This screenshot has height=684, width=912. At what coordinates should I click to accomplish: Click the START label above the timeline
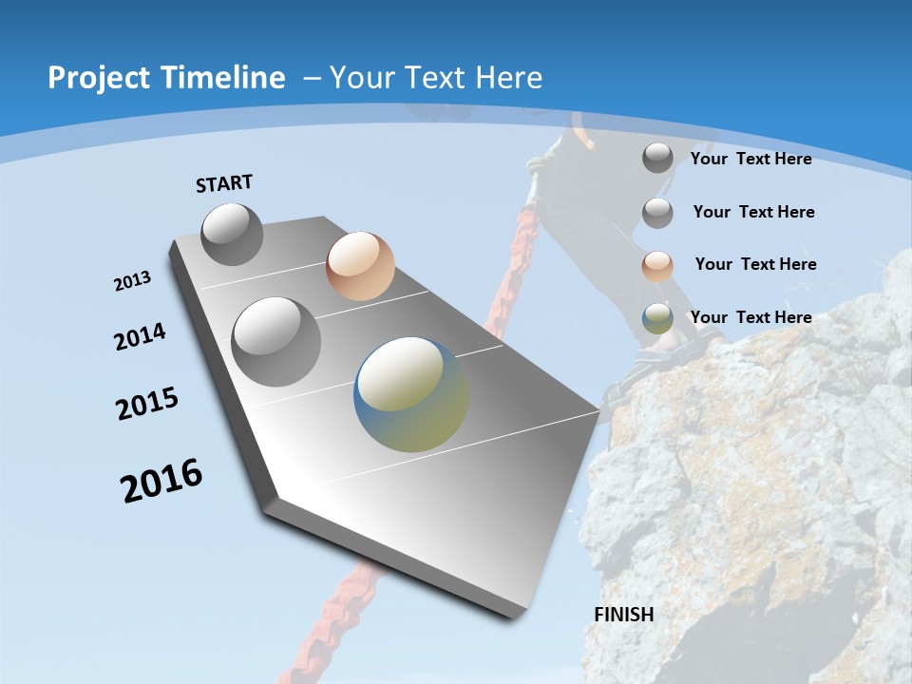tap(224, 182)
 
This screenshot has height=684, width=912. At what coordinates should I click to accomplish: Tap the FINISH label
tap(624, 614)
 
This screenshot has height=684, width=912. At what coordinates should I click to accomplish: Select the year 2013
tap(132, 281)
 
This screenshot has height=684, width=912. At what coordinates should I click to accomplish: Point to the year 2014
tap(140, 336)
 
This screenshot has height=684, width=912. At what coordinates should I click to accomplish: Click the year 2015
tap(147, 404)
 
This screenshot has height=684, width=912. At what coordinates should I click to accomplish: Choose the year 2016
tap(161, 481)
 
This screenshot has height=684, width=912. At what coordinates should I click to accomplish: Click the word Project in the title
tap(100, 78)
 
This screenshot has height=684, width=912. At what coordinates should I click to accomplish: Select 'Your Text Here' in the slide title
tap(436, 78)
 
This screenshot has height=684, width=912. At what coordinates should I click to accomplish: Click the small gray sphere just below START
tap(232, 234)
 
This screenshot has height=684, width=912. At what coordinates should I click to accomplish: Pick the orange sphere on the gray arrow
tap(360, 266)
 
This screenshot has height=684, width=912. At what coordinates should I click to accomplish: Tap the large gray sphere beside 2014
tap(275, 341)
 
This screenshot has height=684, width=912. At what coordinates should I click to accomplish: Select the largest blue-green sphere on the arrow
tap(411, 394)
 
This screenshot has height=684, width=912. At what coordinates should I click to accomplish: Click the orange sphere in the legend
tap(657, 265)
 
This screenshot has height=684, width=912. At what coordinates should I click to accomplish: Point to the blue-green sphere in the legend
tap(657, 318)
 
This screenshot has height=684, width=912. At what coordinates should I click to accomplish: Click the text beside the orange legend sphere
tap(755, 264)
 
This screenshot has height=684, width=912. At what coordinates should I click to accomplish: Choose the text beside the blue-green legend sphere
tap(750, 317)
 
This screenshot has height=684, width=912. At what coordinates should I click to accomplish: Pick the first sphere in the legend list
tap(657, 157)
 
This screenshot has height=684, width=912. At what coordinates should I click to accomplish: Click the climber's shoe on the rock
tap(655, 361)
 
